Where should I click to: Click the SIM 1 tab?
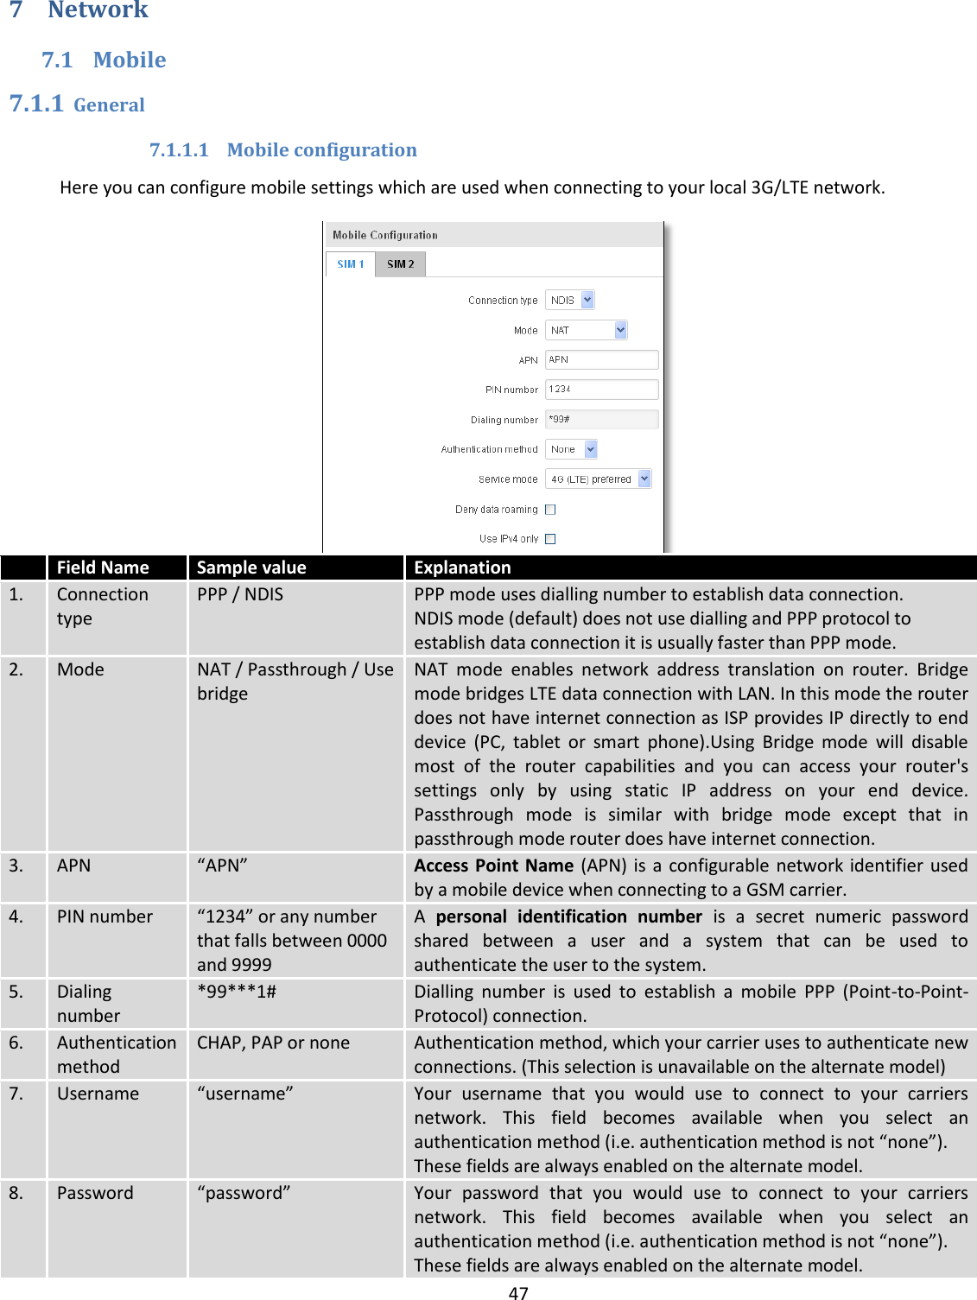point(350,264)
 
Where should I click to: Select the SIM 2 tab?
point(400,264)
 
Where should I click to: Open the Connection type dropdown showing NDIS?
point(569,300)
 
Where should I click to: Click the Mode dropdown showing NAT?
point(586,330)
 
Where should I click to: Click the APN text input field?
point(601,360)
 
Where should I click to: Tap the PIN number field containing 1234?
point(601,390)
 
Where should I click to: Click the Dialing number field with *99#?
point(601,419)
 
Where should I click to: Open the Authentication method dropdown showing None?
point(571,449)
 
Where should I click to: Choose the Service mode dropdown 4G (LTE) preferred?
point(598,479)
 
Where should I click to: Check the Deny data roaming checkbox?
point(550,510)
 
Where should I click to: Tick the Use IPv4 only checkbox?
point(550,539)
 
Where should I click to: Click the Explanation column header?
point(462,568)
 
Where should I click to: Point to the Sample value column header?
point(251,568)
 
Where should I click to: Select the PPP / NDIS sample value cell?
point(240,594)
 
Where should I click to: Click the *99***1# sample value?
point(237,992)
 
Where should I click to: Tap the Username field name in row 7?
point(98,1094)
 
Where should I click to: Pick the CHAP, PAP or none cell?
point(273,1043)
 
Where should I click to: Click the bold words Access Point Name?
point(493,866)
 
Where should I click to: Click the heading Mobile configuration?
point(321,150)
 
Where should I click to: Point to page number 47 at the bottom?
point(517,1292)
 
